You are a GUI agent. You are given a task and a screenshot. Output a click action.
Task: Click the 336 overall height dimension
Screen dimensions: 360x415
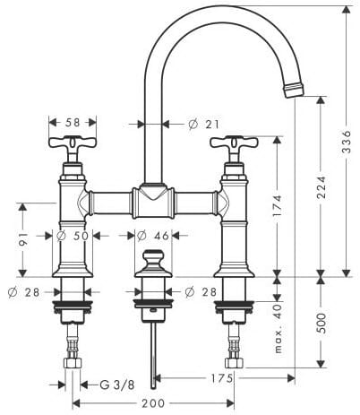click(347, 142)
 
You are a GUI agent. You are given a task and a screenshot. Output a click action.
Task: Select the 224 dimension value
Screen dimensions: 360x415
click(321, 187)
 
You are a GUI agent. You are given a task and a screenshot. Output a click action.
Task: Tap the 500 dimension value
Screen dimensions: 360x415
click(321, 323)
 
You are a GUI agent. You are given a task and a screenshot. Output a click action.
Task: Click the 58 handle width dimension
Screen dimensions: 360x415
click(73, 122)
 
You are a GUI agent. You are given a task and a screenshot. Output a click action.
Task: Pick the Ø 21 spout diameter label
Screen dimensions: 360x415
click(204, 124)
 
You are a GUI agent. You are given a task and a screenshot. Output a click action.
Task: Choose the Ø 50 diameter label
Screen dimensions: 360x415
click(73, 236)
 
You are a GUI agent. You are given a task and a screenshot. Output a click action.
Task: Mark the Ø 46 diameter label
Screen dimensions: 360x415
click(153, 236)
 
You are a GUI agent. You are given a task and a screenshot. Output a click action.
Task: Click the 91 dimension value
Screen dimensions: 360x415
click(23, 239)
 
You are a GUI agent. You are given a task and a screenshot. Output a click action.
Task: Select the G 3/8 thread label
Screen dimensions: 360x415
click(116, 385)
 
